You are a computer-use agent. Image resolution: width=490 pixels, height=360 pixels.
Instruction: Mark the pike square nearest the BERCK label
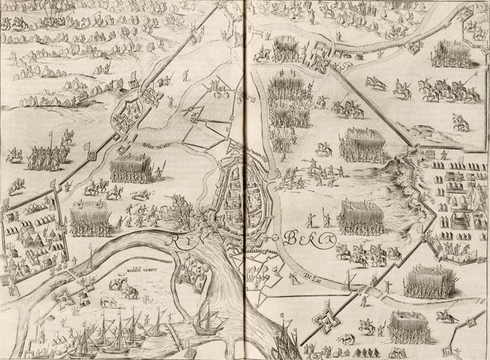click(x=362, y=216)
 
